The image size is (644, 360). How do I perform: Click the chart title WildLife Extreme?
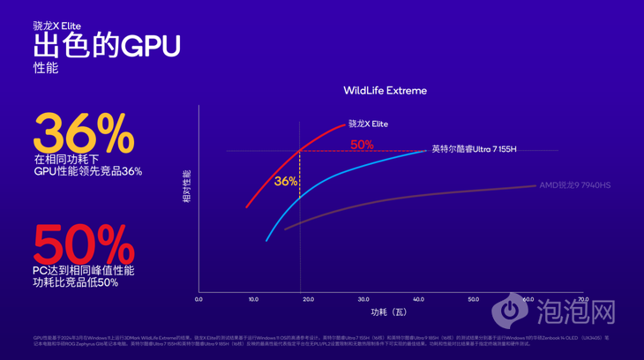[385, 91]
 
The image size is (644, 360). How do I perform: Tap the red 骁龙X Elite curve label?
[368, 124]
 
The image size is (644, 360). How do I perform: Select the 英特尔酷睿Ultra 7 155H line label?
[474, 149]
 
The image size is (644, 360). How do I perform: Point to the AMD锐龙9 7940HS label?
[574, 185]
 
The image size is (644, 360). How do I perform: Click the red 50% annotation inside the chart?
[362, 145]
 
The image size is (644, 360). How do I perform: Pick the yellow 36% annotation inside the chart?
[286, 181]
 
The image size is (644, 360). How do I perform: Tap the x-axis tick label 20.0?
[309, 300]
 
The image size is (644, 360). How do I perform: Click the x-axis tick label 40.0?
[418, 300]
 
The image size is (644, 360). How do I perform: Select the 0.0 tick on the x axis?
[198, 300]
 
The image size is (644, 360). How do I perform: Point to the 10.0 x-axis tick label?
[253, 300]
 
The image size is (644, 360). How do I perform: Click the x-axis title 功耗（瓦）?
[389, 312]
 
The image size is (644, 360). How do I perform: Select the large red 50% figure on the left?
[84, 244]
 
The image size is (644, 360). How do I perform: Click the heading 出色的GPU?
[107, 46]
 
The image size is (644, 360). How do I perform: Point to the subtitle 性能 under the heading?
[46, 68]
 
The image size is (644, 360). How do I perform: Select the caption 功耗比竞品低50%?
[76, 282]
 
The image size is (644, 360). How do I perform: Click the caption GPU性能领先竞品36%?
[87, 171]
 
